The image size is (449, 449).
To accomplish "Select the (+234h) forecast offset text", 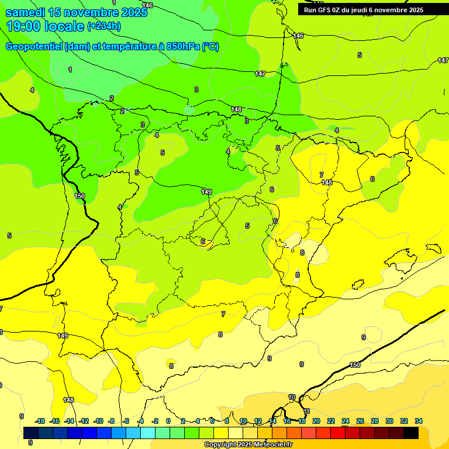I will (103, 26).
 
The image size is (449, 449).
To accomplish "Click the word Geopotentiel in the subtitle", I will (34, 47).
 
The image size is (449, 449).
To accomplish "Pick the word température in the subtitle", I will (131, 47).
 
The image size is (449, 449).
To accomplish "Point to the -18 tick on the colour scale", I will (40, 421).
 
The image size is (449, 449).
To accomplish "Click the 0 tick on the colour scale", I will (168, 421).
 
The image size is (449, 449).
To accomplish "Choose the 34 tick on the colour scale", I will (419, 421).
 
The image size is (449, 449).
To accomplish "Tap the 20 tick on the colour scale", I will (316, 421).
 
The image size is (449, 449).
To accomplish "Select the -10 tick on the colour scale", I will (98, 421).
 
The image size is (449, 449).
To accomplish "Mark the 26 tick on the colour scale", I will (360, 421).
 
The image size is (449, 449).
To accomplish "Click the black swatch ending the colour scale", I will (411, 433).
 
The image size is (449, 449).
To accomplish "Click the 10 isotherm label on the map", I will (292, 398).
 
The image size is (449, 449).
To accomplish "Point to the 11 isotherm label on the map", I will (306, 412).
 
